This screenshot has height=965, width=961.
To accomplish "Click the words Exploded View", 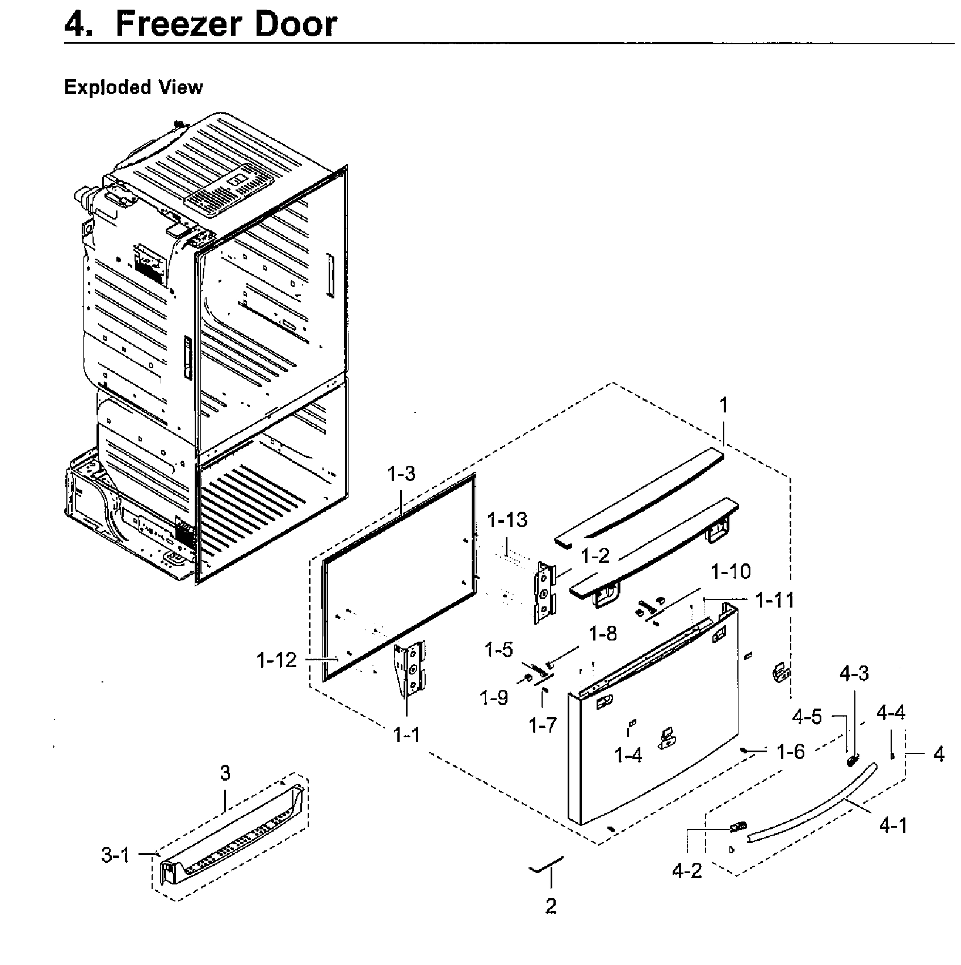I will pyautogui.click(x=133, y=87).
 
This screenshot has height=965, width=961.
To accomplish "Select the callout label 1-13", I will pyautogui.click(x=507, y=520).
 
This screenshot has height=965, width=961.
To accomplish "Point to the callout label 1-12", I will pyautogui.click(x=276, y=660).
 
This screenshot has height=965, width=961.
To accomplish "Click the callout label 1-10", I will pyautogui.click(x=731, y=571).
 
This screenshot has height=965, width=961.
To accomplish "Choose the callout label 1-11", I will pyautogui.click(x=774, y=600).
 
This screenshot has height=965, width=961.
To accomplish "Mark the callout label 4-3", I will pyautogui.click(x=854, y=675).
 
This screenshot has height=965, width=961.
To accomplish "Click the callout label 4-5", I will pyautogui.click(x=807, y=717).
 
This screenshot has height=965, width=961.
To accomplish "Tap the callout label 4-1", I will pyautogui.click(x=893, y=826).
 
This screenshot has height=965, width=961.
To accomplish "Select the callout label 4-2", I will pyautogui.click(x=687, y=870).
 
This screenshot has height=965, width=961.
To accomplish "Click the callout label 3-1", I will pyautogui.click(x=116, y=856).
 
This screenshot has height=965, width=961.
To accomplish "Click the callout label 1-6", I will pyautogui.click(x=791, y=752).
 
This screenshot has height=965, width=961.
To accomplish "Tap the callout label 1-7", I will pyautogui.click(x=542, y=724).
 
